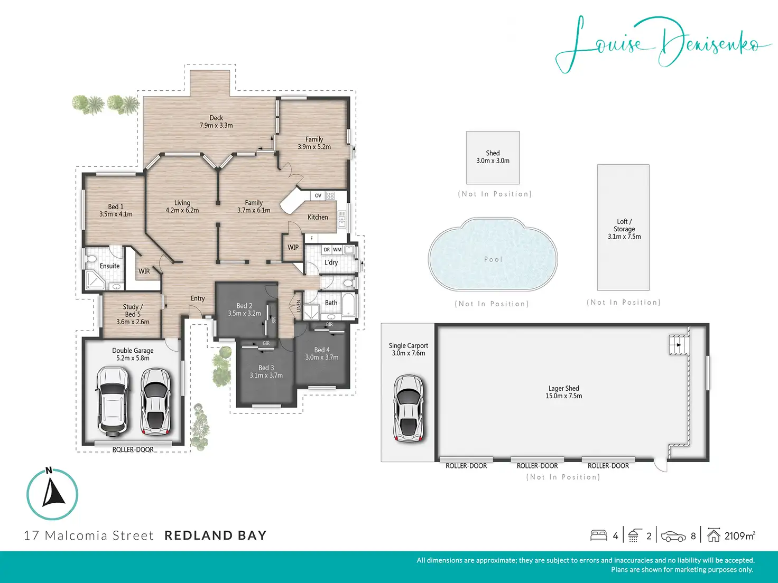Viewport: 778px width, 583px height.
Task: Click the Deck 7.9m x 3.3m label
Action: coord(216,121)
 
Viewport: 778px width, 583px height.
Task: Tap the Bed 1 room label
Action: coord(116,210)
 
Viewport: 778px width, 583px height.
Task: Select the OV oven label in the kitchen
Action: coord(318,195)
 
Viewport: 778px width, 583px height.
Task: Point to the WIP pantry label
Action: coord(293,247)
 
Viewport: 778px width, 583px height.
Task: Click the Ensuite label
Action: coord(109,266)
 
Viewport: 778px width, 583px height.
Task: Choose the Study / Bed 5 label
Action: coord(133,314)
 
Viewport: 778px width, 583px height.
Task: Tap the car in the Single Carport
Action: coord(409,408)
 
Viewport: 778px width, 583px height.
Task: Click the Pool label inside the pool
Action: coord(493,259)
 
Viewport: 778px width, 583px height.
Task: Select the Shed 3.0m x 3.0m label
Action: coord(493,157)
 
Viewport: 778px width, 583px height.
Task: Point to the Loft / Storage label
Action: coord(624,229)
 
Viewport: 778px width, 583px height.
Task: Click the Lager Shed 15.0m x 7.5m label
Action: coord(563,392)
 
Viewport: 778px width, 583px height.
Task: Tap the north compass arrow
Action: coord(53,492)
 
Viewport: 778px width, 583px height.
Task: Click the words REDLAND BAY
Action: coord(216,535)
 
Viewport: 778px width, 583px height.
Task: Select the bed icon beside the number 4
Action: coord(599,535)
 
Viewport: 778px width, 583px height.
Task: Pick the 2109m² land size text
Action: coord(740,536)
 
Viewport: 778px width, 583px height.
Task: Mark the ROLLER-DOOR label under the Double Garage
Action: coord(133,449)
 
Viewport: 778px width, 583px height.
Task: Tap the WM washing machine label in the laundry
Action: coord(337,250)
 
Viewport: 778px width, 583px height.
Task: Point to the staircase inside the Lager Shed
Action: coord(679,344)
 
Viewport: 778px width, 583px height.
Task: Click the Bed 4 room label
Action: coord(322,354)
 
